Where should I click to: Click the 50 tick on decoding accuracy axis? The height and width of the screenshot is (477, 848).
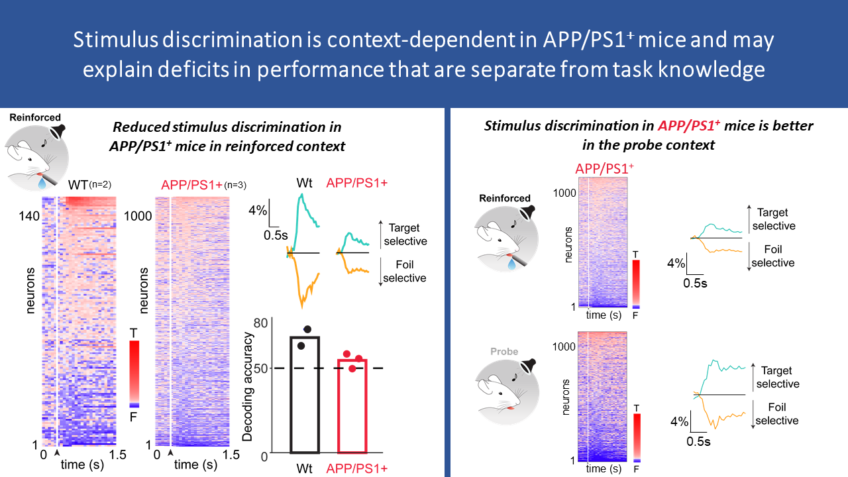coord(260,368)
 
